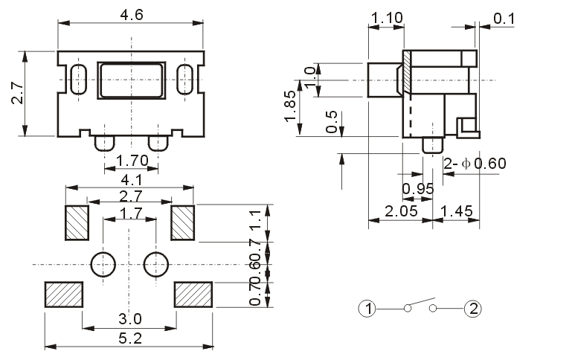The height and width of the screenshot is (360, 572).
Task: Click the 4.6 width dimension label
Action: click(132, 15)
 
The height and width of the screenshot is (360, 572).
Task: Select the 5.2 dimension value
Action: click(130, 339)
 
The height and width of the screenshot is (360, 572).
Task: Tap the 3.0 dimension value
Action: click(130, 319)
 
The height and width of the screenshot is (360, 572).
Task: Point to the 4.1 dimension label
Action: click(132, 180)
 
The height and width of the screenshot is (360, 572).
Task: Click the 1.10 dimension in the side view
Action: click(387, 18)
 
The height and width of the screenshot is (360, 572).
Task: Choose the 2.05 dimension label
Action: click(401, 211)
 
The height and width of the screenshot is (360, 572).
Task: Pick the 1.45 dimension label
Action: click(457, 211)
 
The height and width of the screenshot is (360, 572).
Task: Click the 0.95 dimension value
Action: click(418, 189)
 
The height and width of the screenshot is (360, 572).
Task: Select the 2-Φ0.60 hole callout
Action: click(475, 164)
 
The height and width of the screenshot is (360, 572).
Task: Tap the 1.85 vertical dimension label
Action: click(291, 106)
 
